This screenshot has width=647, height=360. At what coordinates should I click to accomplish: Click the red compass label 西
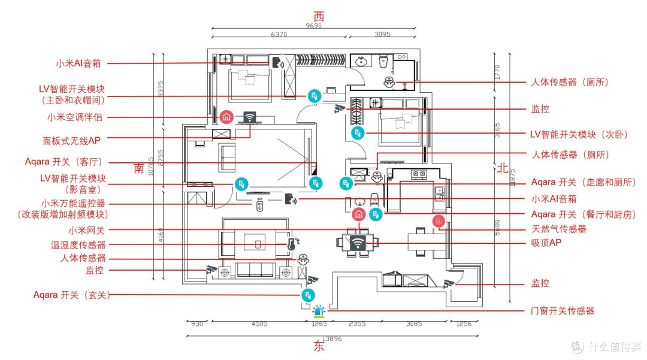(x=319, y=17)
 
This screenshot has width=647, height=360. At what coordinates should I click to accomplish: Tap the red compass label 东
(x=319, y=346)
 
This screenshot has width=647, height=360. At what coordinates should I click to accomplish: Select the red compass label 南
(x=138, y=168)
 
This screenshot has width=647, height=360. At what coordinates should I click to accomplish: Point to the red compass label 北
(x=502, y=168)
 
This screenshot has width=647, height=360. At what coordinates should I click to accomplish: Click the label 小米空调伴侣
(x=75, y=117)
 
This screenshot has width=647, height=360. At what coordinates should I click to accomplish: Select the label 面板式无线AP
(x=72, y=141)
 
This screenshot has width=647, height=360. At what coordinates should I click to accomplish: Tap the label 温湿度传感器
(x=78, y=245)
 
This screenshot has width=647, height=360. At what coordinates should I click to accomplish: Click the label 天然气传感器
(x=559, y=229)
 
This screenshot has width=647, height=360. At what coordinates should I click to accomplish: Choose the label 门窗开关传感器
(x=563, y=310)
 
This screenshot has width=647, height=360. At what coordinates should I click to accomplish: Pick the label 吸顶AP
(x=546, y=243)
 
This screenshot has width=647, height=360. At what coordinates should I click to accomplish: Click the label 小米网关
(x=87, y=231)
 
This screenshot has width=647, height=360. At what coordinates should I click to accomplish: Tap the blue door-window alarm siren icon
(x=319, y=311)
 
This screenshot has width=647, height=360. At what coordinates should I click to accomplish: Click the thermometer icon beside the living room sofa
(x=292, y=244)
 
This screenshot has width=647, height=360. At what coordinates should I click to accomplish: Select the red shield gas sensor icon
(x=439, y=222)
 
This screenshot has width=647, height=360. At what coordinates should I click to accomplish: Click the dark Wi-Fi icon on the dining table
(x=358, y=243)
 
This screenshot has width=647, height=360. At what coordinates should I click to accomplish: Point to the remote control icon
(x=259, y=204)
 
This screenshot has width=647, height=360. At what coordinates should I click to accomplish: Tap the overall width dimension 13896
(x=332, y=338)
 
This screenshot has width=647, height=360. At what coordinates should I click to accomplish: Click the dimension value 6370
(x=279, y=34)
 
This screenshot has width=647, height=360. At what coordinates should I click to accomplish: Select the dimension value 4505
(x=259, y=323)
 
